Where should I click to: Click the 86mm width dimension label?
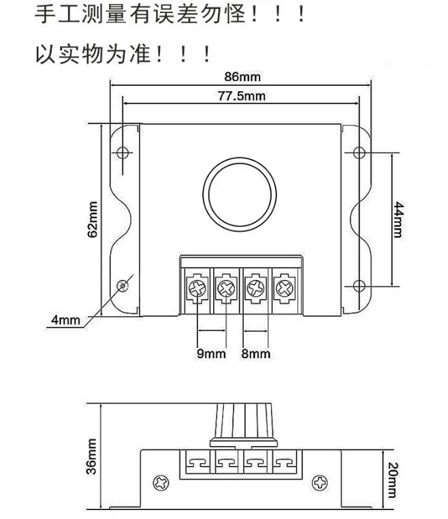242,77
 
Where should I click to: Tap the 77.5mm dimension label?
242,96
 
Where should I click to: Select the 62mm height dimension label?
93,219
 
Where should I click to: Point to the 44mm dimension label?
398,220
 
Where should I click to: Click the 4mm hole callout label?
65,320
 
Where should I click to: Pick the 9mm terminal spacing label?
211,353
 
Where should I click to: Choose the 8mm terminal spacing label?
256,353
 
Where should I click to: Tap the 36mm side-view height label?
92,456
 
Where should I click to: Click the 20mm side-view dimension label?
392,480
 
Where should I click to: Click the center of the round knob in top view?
240,195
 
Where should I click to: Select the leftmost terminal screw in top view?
197,288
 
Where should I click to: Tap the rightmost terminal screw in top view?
285,288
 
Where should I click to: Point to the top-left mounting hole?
123,153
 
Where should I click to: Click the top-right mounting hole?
359,153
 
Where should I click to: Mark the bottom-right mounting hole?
359,285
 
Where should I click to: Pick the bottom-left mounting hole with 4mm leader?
123,285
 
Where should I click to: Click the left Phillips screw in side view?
161,483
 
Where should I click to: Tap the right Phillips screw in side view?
320,483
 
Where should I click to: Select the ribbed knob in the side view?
244,426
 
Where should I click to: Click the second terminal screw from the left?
226,288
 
